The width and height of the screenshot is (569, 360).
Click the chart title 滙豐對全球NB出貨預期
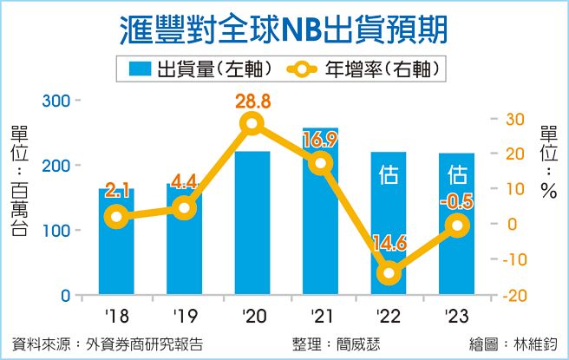pyautogui.click(x=284, y=28)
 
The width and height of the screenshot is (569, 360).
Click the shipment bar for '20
pyautogui.click(x=252, y=226)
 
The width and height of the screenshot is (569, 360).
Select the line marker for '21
pyautogui.click(x=321, y=163)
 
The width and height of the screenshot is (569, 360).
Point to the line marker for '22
pyautogui.click(x=389, y=273)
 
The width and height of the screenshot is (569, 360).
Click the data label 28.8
pyautogui.click(x=252, y=102)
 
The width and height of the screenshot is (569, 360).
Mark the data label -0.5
pyautogui.click(x=456, y=204)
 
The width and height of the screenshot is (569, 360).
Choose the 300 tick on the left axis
pyautogui.click(x=56, y=101)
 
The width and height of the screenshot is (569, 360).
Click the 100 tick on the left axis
pyautogui.click(x=56, y=231)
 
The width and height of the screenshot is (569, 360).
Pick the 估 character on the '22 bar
pyautogui.click(x=389, y=176)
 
